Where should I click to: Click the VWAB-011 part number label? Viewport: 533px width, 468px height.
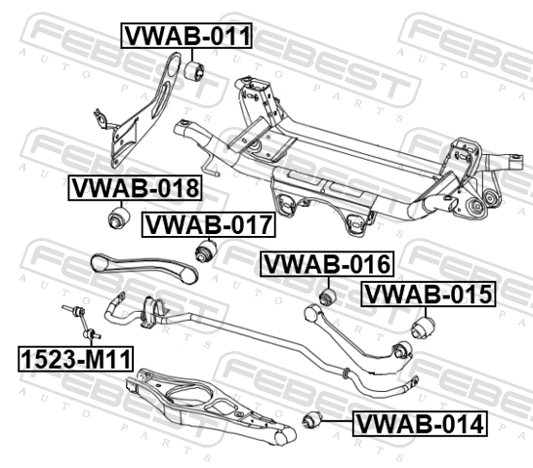click(x=186, y=36)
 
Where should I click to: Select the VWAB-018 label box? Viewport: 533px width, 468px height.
click(x=135, y=188)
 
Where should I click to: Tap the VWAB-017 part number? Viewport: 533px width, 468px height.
click(x=208, y=224)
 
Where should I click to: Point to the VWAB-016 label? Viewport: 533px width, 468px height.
click(x=327, y=264)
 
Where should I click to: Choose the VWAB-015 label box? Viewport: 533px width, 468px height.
click(x=428, y=293)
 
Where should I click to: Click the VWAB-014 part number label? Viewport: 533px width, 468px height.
click(x=420, y=423)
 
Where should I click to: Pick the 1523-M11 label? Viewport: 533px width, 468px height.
click(x=76, y=359)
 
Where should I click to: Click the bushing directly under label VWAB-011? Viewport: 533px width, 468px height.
click(x=195, y=70)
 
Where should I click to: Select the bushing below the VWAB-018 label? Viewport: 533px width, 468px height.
click(x=119, y=217)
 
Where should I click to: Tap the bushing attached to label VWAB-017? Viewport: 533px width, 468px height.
click(x=207, y=251)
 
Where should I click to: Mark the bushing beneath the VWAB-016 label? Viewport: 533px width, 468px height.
click(x=328, y=296)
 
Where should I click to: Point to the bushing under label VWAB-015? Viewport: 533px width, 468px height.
click(x=424, y=328)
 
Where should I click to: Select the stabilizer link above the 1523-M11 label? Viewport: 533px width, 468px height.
click(x=81, y=322)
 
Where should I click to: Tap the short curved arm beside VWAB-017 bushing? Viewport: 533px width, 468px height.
click(x=143, y=267)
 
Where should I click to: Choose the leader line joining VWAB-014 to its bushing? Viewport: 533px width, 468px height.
click(x=337, y=421)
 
